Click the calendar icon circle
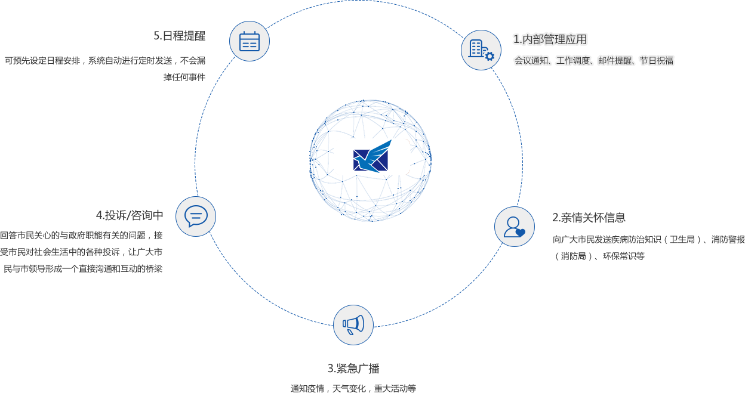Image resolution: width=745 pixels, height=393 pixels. (x=250, y=41)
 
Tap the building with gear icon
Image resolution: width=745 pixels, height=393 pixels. (x=481, y=50)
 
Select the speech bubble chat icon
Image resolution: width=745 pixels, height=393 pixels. (x=196, y=216)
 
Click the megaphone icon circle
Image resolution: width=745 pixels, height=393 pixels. (x=353, y=325)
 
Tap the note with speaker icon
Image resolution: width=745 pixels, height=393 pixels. (x=317, y=318)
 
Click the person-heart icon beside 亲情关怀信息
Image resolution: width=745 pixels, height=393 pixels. (x=515, y=227)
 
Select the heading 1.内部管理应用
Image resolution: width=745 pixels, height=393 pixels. (x=550, y=40)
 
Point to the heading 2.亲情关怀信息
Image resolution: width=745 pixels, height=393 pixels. (x=589, y=218)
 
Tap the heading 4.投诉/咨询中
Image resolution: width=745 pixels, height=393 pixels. (x=130, y=215)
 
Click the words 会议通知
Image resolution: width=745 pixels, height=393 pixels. (x=531, y=61)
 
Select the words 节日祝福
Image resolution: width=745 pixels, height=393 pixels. (x=657, y=61)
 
